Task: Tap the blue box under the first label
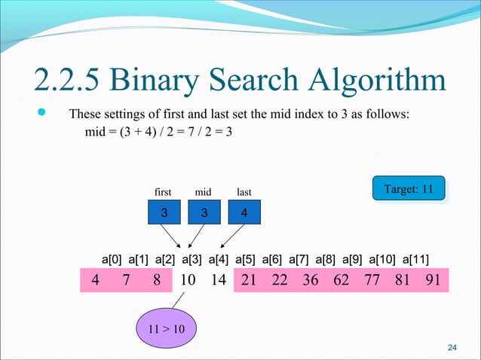point(163,213)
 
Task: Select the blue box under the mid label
point(203,213)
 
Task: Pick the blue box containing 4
point(244,213)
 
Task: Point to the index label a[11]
point(416,260)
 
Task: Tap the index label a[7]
point(302,260)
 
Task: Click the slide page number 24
point(452,347)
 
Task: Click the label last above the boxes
point(244,192)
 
